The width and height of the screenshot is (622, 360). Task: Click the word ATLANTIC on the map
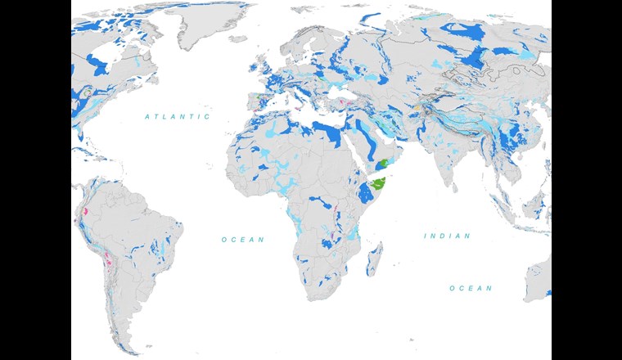[x=178, y=117]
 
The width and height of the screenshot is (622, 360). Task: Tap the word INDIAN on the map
[x=447, y=236]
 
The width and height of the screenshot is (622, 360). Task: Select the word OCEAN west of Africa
[x=243, y=239]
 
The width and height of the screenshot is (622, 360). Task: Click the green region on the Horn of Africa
[x=378, y=185]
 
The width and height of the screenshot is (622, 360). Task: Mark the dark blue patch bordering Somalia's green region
[x=363, y=192]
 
